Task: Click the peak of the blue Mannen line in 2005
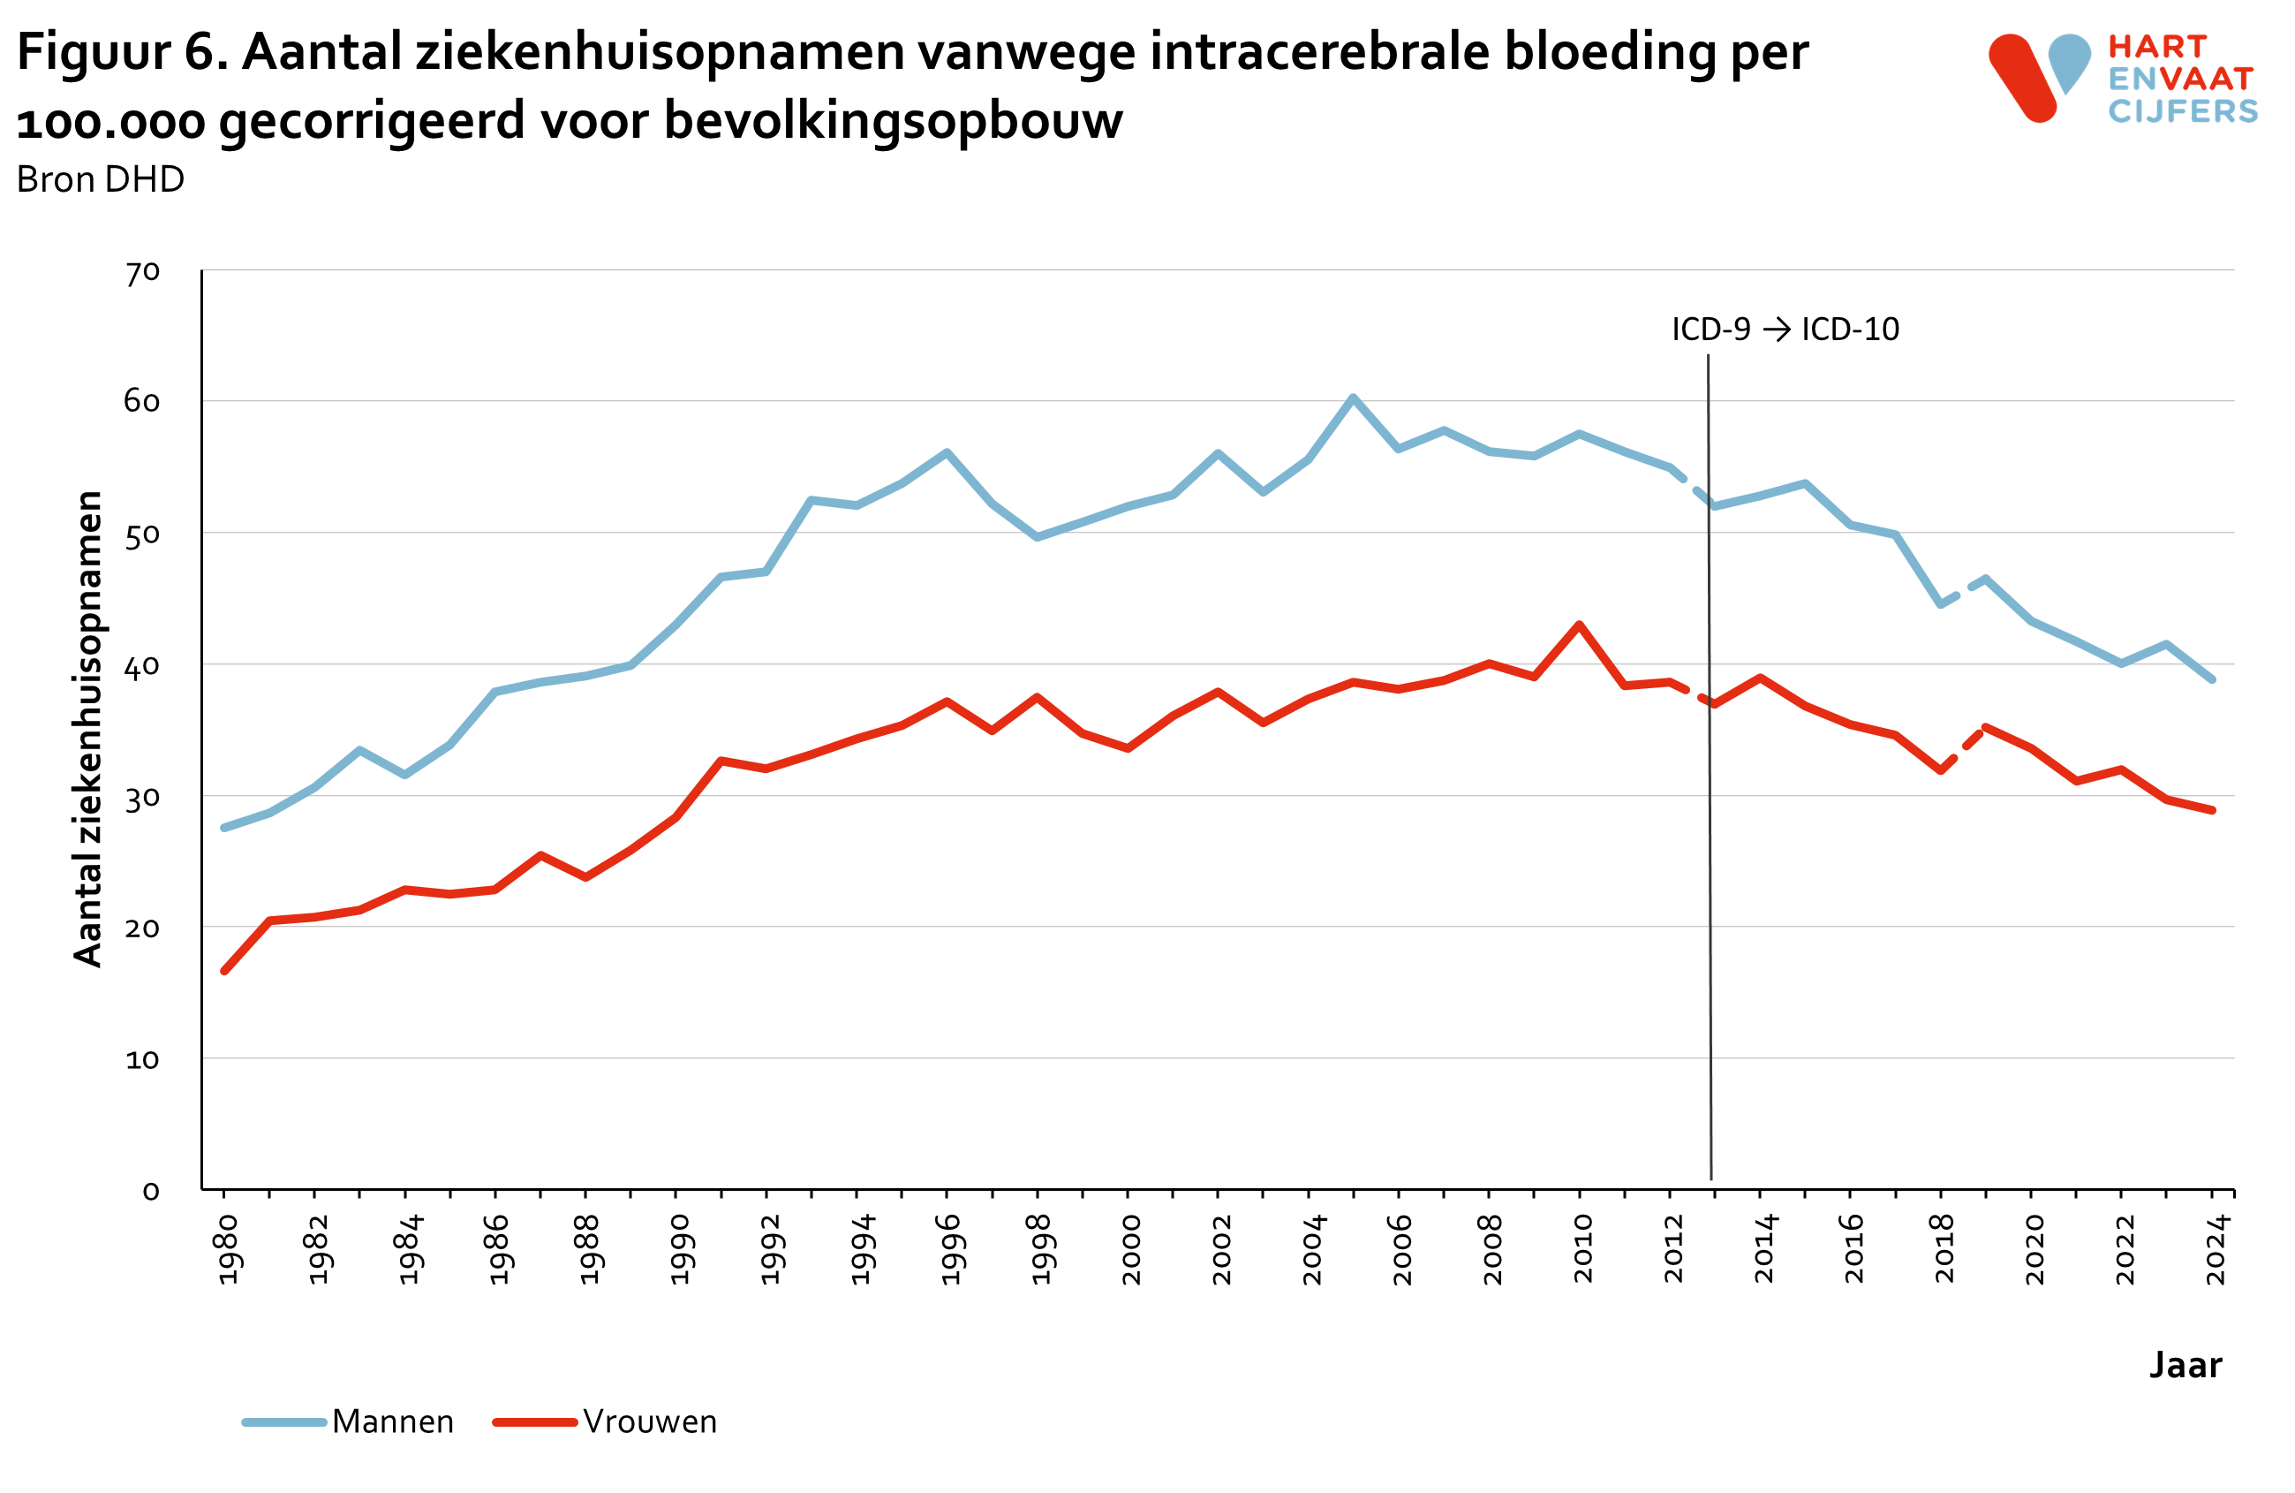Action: (x=1352, y=398)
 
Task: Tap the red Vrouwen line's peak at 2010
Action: (x=1579, y=625)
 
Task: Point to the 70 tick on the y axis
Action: (x=142, y=273)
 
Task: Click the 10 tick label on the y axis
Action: (x=142, y=1060)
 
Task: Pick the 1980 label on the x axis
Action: (x=228, y=1249)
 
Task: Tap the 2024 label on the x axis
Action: (x=2216, y=1249)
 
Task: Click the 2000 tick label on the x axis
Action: (x=1131, y=1249)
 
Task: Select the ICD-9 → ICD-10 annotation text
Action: (x=1785, y=330)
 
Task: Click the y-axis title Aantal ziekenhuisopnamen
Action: (x=87, y=728)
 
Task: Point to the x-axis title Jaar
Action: (x=2186, y=1365)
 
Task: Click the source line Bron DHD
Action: (x=101, y=179)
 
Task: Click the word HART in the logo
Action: (x=2157, y=46)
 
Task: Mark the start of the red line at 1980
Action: (x=224, y=970)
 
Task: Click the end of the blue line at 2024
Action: (x=2212, y=679)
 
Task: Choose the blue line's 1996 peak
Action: (x=947, y=452)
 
